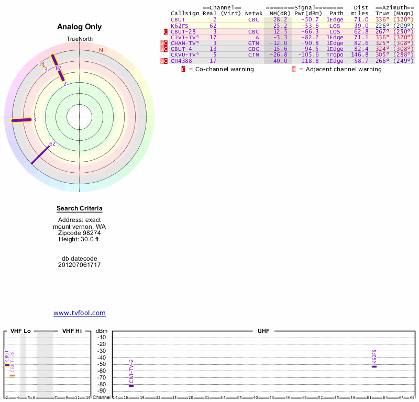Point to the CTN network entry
coord(253,54)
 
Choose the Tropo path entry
coord(335,54)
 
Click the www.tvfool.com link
coord(80,313)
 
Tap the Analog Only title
coord(79,27)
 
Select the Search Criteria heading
coord(80,208)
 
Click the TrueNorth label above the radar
coord(79,39)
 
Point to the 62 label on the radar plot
coord(52,143)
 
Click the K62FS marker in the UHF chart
coord(374,366)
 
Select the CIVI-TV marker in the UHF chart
coord(131,386)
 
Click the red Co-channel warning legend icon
coord(183,69)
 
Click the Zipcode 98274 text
coord(80,232)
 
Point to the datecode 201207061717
coord(80,265)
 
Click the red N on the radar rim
coord(101,50)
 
